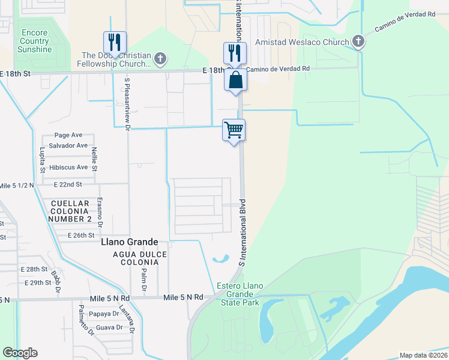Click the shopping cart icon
[x=234, y=130]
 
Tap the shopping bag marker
[x=235, y=80]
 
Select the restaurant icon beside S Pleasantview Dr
[x=115, y=42]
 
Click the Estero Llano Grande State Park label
[x=243, y=294]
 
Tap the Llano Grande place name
[x=129, y=242]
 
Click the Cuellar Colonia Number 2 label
[x=70, y=211]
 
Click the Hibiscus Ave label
[x=68, y=167]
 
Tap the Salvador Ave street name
[x=68, y=146]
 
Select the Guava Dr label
[x=109, y=328]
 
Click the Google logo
[x=20, y=353]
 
